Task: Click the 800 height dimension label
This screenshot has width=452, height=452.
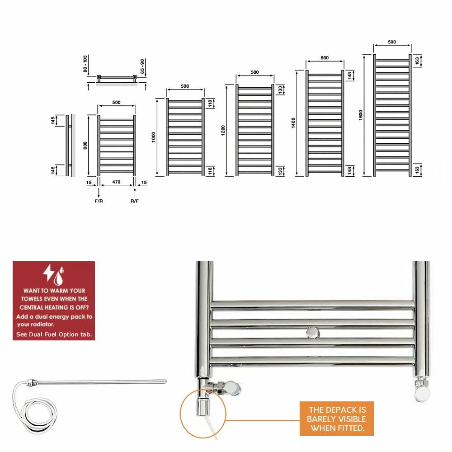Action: pyautogui.click(x=85, y=145)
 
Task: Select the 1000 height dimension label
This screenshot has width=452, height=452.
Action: pyautogui.click(x=153, y=137)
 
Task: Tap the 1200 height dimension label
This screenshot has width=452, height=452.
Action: pyautogui.click(x=223, y=131)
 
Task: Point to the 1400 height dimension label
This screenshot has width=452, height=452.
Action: pyautogui.click(x=293, y=123)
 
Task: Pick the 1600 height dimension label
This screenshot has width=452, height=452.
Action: pyautogui.click(x=361, y=115)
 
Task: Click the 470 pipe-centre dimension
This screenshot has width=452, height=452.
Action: pyautogui.click(x=117, y=182)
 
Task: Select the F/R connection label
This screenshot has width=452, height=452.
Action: pyautogui.click(x=99, y=201)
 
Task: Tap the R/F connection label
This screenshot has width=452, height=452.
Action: pyautogui.click(x=135, y=201)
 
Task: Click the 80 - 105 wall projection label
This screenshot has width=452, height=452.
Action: pyautogui.click(x=85, y=64)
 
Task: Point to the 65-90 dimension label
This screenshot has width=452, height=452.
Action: pyautogui.click(x=142, y=66)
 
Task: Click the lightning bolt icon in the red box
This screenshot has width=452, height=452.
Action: pyautogui.click(x=48, y=273)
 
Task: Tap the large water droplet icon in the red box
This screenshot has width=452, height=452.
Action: pyautogui.click(x=58, y=278)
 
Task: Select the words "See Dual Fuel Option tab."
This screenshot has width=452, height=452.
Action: pyautogui.click(x=54, y=334)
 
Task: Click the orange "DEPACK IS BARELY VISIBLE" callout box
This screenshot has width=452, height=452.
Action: pyautogui.click(x=337, y=419)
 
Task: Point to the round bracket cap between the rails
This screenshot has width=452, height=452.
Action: pyautogui.click(x=313, y=333)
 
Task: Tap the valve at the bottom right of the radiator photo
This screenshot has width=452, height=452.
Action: pyautogui.click(x=422, y=390)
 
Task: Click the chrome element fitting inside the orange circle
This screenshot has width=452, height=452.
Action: pyautogui.click(x=203, y=405)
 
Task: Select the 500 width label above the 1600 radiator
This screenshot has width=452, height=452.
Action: pyautogui.click(x=392, y=42)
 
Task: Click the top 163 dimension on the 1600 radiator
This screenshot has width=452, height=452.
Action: pyautogui.click(x=417, y=61)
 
